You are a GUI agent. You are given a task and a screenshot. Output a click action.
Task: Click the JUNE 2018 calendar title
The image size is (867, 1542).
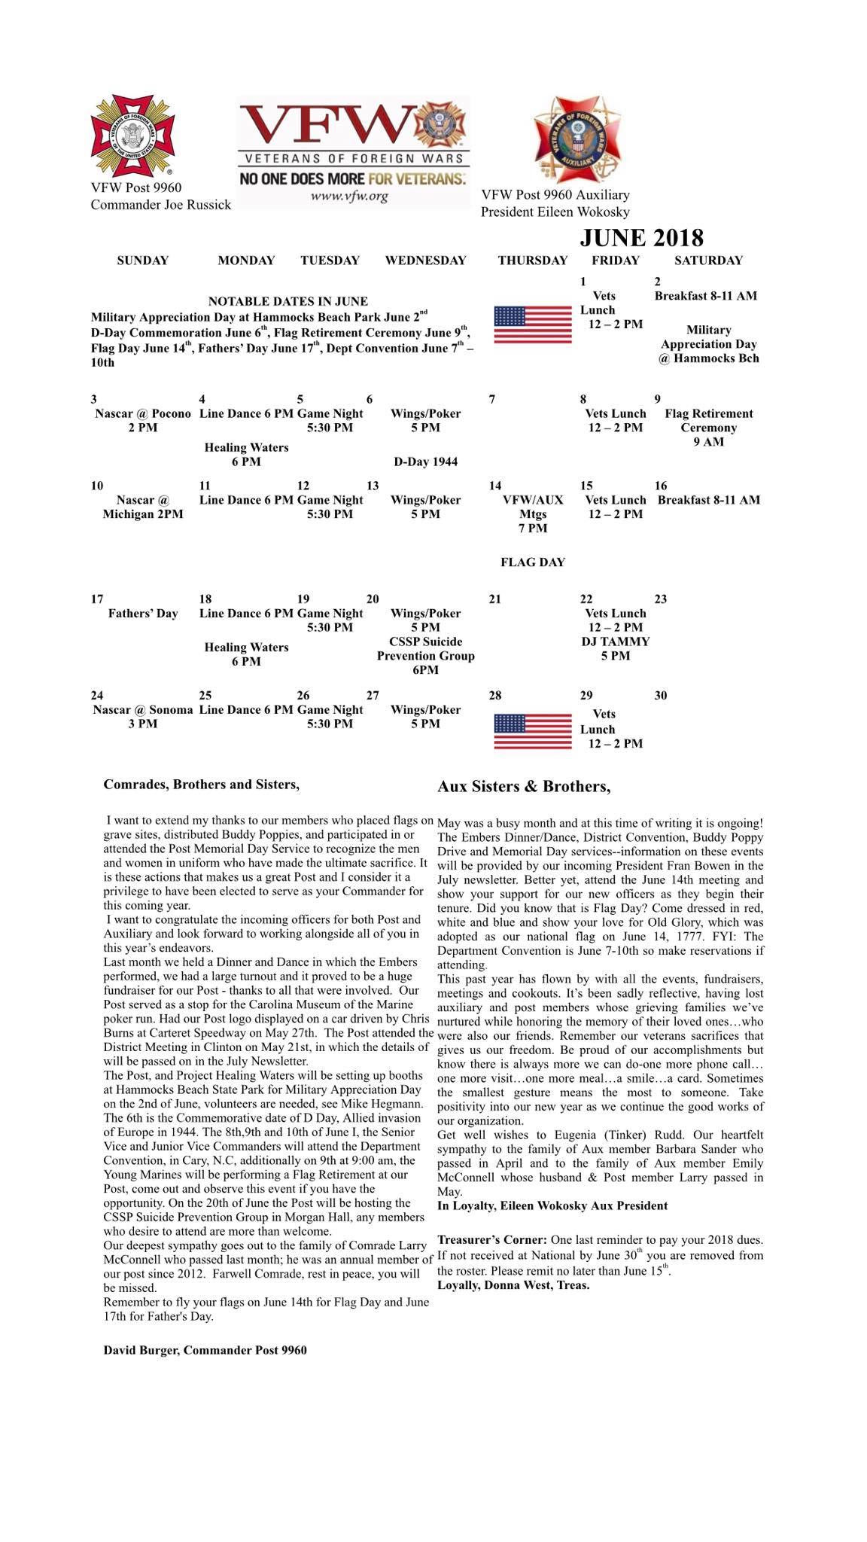(x=641, y=238)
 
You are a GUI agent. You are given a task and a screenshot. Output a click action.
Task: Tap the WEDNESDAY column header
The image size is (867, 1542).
(x=425, y=261)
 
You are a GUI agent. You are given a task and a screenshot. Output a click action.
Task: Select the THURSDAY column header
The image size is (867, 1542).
(x=532, y=261)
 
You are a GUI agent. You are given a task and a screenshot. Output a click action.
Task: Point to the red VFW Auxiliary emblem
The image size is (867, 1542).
(x=576, y=141)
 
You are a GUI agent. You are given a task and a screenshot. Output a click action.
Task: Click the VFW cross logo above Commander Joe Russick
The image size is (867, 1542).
(x=132, y=136)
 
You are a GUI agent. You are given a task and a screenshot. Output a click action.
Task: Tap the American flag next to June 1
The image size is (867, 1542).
(x=532, y=325)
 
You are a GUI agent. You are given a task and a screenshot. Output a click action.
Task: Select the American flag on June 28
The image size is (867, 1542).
(x=532, y=731)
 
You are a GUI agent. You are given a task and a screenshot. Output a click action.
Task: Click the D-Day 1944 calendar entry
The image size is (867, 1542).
(x=425, y=462)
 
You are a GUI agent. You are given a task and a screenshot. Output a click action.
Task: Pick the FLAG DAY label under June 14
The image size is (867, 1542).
(x=532, y=562)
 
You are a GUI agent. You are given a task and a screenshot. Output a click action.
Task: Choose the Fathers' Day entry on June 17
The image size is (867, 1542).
(x=143, y=614)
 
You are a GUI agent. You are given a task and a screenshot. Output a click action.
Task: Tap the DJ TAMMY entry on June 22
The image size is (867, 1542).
(x=615, y=641)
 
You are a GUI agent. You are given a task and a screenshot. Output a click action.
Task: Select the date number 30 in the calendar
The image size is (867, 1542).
(x=660, y=696)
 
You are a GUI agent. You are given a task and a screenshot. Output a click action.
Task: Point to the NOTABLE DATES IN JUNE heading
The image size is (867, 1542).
(x=287, y=301)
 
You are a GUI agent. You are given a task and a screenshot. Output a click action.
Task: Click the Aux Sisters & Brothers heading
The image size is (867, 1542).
(x=524, y=787)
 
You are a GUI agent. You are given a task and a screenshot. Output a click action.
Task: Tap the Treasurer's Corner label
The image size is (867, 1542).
(x=492, y=1239)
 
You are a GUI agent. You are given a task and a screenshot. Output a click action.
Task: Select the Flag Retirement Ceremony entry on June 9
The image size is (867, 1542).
(x=708, y=427)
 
